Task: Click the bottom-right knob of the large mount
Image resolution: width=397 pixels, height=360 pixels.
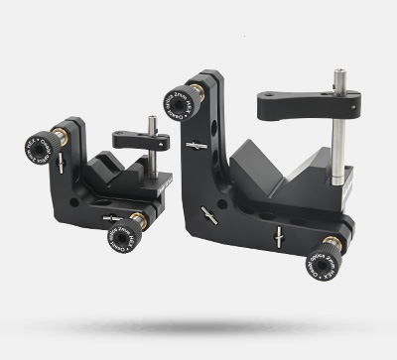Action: pyautogui.click(x=324, y=259)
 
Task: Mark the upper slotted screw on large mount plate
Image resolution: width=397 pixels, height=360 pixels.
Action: pyautogui.click(x=197, y=146)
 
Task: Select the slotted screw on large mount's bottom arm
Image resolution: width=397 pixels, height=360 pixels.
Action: pyautogui.click(x=280, y=236)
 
